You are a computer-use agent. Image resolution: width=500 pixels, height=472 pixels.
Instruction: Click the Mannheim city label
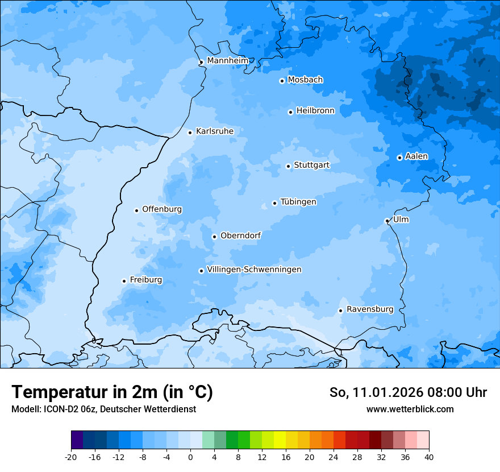pos(227,60)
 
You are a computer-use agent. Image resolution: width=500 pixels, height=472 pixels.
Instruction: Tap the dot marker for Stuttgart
pos(288,166)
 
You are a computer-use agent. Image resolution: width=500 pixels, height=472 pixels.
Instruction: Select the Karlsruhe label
pos(214,131)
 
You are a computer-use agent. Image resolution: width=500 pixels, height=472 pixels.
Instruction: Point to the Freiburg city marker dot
pos(124,281)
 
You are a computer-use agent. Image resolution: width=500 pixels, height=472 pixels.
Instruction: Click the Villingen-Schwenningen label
pos(254,270)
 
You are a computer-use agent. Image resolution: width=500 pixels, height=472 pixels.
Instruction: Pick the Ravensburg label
pos(369,309)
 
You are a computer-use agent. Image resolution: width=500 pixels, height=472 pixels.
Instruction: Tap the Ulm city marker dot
pos(387,221)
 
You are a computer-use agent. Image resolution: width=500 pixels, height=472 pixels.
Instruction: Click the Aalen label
pos(416,156)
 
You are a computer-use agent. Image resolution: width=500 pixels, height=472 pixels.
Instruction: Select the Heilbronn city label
pos(315,111)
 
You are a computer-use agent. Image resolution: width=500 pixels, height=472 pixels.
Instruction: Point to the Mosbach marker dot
pos(282,81)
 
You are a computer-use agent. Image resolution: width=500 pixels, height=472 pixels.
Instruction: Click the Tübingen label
pos(298,202)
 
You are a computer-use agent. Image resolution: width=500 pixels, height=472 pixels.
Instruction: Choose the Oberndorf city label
pos(240,235)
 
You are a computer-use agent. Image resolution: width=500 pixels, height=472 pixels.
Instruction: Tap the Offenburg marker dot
pos(136,210)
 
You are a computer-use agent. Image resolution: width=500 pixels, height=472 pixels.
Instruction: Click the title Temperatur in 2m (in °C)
pos(113,392)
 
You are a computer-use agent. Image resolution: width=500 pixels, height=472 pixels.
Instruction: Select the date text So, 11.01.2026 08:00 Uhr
pos(408,392)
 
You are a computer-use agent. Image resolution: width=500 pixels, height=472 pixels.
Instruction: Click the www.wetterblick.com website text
pos(410,409)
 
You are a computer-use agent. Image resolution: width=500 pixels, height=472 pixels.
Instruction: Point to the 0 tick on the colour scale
pos(190,457)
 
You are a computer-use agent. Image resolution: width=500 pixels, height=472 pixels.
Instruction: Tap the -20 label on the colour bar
pos(71,457)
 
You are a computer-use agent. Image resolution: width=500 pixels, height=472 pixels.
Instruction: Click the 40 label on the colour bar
pos(428,457)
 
